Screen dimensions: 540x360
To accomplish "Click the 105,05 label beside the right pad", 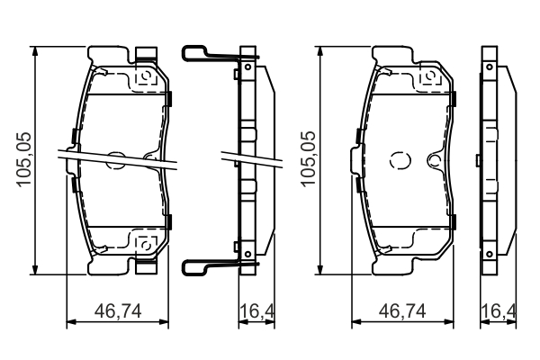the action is tap(308, 159).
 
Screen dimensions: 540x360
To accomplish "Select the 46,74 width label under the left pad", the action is tap(118, 311).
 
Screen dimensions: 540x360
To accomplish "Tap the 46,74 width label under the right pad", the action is tap(402, 311).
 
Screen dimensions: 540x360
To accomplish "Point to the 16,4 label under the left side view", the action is tap(256, 311).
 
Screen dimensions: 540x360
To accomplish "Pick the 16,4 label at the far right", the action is tap(499, 311).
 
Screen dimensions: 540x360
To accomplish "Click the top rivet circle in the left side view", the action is tap(247, 67).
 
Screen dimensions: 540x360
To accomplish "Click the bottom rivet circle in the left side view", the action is tap(247, 254).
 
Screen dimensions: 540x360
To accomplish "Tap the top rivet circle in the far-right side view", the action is tap(490, 67).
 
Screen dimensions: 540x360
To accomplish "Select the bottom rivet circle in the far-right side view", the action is tap(490, 254).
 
